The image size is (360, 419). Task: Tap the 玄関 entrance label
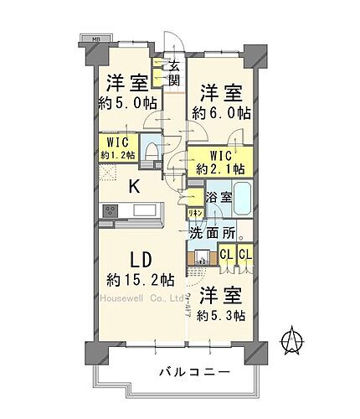tap(174, 74)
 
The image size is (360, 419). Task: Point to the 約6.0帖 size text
tap(219, 112)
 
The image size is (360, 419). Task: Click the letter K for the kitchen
tap(132, 188)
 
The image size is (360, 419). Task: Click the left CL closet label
tap(226, 256)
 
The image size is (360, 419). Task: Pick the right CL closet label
tap(245, 256)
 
